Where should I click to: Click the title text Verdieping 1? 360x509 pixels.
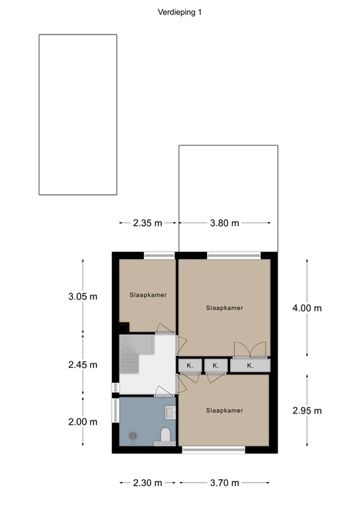click(x=180, y=12)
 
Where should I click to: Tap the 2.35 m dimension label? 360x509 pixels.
click(x=147, y=223)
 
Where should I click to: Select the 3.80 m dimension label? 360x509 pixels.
click(x=224, y=223)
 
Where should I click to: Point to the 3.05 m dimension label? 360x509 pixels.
click(x=82, y=296)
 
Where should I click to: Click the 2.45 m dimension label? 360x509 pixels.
click(x=82, y=365)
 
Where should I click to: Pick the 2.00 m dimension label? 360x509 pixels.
click(x=82, y=422)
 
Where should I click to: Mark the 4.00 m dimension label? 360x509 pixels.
click(x=307, y=308)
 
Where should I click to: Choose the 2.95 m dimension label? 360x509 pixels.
click(x=307, y=410)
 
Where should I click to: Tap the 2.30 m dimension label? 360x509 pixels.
click(x=147, y=482)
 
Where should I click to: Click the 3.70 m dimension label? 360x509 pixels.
click(x=224, y=482)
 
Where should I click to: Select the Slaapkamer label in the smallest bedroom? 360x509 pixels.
click(x=147, y=295)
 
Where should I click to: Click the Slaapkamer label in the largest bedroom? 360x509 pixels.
click(x=224, y=308)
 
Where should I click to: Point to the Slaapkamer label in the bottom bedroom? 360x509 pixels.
click(x=224, y=410)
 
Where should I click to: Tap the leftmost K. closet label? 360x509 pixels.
click(x=189, y=365)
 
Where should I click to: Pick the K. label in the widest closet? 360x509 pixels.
click(x=250, y=365)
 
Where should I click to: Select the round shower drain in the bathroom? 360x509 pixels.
click(x=133, y=436)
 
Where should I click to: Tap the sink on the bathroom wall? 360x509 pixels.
click(x=172, y=412)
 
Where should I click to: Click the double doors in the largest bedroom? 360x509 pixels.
click(x=250, y=349)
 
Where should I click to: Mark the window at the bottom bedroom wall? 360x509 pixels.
click(x=213, y=450)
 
